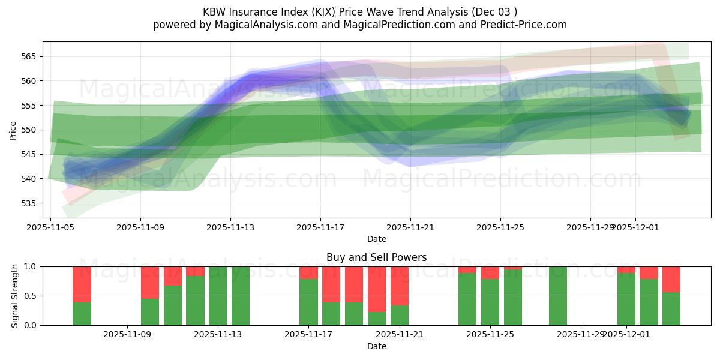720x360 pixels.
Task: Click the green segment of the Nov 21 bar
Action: [x=400, y=315]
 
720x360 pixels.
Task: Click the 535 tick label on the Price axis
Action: [x=29, y=203]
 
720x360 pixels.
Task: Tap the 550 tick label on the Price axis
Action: [x=29, y=130]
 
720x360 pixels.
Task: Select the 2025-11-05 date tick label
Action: [x=50, y=227]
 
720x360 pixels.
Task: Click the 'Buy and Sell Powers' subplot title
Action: [x=376, y=257]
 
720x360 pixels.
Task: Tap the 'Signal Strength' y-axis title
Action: [x=15, y=296]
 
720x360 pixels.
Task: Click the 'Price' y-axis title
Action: [x=13, y=130]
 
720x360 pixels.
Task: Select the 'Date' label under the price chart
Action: [x=376, y=239]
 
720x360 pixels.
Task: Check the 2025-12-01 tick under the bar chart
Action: [x=626, y=334]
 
